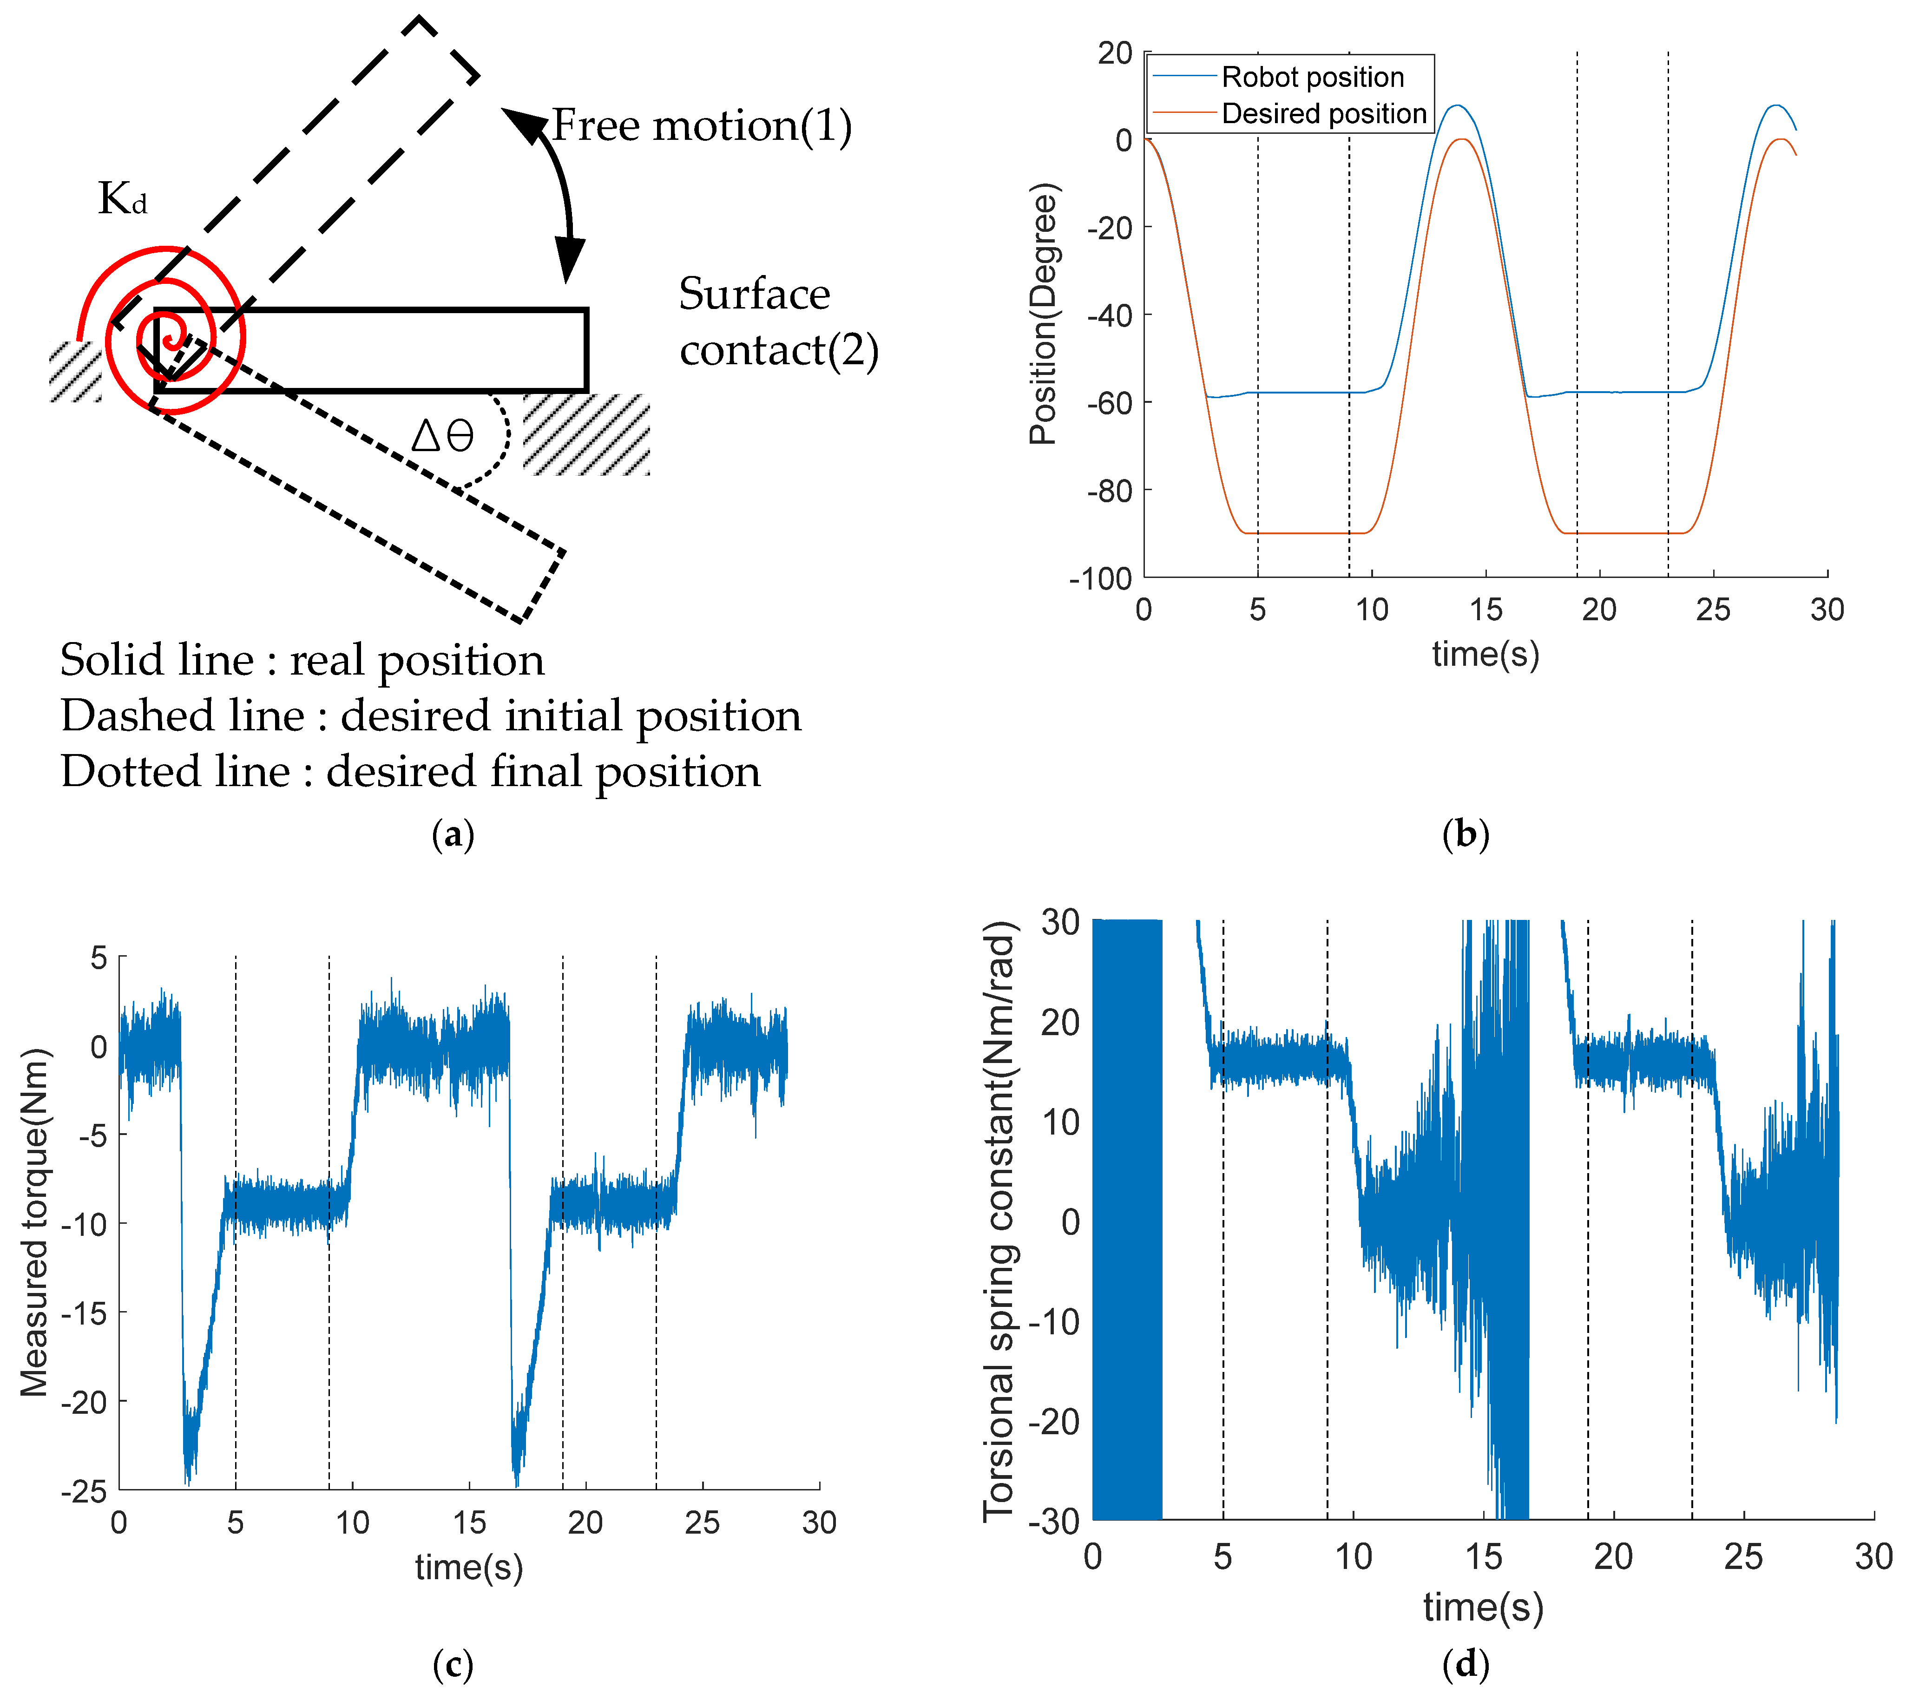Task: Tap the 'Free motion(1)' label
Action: click(701, 126)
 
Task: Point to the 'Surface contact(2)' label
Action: click(778, 322)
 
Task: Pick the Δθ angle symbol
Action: click(443, 435)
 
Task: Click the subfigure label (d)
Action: click(1465, 1664)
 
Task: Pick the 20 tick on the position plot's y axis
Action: click(1114, 53)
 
